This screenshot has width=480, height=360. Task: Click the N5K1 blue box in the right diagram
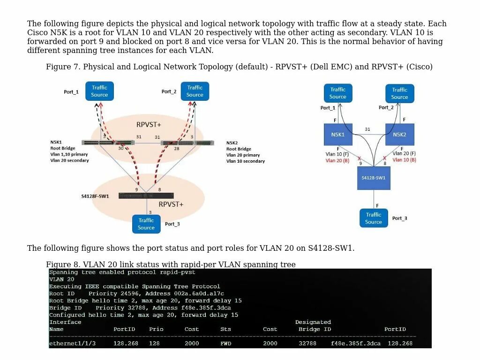[338, 135]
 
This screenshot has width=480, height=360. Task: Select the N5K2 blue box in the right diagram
[399, 135]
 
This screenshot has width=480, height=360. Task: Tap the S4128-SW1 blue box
[374, 178]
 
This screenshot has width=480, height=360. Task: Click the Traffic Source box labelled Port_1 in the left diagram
[99, 91]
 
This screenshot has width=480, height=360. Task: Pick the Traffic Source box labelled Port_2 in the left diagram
[195, 91]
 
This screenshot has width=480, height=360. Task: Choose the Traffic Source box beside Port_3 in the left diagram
[146, 224]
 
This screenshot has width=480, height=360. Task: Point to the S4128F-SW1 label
[95, 196]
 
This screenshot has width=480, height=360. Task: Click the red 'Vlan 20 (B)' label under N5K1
[337, 160]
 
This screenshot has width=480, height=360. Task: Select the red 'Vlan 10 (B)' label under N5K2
[404, 160]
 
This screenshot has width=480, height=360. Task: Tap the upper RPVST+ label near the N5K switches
[149, 125]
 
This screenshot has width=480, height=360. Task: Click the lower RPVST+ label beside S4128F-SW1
[171, 204]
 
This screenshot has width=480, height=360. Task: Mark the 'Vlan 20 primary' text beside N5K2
[243, 155]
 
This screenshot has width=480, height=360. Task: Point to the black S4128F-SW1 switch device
[146, 195]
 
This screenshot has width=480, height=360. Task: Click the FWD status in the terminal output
[226, 344]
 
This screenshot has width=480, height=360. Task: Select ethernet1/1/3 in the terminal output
[72, 344]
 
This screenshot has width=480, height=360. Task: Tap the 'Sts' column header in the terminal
[226, 329]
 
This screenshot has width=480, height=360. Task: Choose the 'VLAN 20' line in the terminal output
[62, 279]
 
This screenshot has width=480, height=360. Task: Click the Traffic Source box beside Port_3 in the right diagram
[374, 218]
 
